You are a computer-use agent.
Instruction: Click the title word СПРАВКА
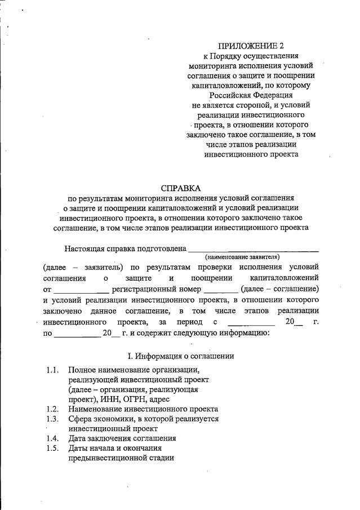pos(181,188)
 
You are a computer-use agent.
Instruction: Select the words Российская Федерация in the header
pos(251,95)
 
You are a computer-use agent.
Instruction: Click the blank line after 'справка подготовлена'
pos(253,248)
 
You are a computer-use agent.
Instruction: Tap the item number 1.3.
pos(53,419)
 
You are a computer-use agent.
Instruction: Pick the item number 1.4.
pos(53,438)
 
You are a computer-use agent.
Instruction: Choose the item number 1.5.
pos(53,448)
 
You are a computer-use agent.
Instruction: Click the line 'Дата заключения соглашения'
pos(122,438)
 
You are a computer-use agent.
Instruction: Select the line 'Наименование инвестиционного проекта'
pos(143,409)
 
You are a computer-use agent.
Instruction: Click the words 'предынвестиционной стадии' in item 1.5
pos(121,458)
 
